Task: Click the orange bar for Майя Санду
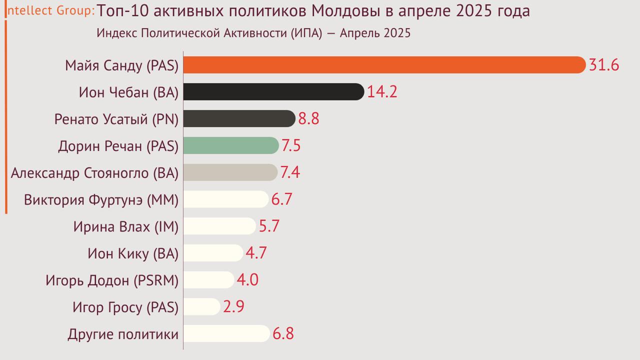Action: pyautogui.click(x=384, y=65)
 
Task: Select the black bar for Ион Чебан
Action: pyautogui.click(x=273, y=92)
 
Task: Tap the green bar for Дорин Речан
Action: pyautogui.click(x=230, y=145)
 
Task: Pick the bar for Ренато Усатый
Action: pyautogui.click(x=239, y=119)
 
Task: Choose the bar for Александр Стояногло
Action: pyautogui.click(x=230, y=172)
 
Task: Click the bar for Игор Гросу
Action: pyautogui.click(x=201, y=306)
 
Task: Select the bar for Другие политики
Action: pyautogui.click(x=226, y=333)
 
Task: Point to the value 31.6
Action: pyautogui.click(x=604, y=65)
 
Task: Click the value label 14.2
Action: pyautogui.click(x=382, y=92)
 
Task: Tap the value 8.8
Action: pyautogui.click(x=308, y=119)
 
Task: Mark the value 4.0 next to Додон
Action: pyautogui.click(x=247, y=279)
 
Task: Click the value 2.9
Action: pyautogui.click(x=233, y=306)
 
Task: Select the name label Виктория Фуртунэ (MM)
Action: pyautogui.click(x=101, y=200)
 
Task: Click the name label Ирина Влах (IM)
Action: pyautogui.click(x=125, y=227)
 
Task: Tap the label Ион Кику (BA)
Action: pyautogui.click(x=132, y=254)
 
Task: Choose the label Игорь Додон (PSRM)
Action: pyautogui.click(x=112, y=280)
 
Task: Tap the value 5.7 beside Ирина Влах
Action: pyautogui.click(x=269, y=226)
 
